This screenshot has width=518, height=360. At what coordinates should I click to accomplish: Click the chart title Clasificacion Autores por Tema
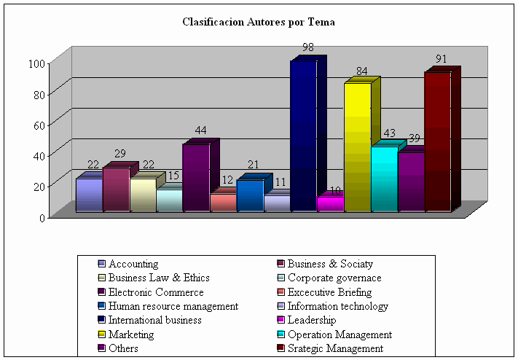259,22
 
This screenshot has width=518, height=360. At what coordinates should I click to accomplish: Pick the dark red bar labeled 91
437,141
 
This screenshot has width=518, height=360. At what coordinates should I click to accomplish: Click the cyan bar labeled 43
384,179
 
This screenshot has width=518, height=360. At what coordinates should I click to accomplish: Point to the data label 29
119,154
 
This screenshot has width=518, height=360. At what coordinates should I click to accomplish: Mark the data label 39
414,138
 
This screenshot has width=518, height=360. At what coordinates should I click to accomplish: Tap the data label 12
227,180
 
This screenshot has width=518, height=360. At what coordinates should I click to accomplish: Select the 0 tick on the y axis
43,216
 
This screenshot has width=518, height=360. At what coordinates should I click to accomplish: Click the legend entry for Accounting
133,264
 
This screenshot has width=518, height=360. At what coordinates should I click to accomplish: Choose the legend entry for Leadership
311,320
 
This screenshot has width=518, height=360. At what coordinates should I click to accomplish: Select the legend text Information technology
337,306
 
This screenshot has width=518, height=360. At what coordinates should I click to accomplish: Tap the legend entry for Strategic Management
334,348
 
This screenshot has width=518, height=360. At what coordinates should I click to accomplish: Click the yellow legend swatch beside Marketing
101,334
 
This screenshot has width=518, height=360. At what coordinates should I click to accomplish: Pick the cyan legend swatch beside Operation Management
280,334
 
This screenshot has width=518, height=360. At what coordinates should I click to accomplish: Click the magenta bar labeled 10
329,203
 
